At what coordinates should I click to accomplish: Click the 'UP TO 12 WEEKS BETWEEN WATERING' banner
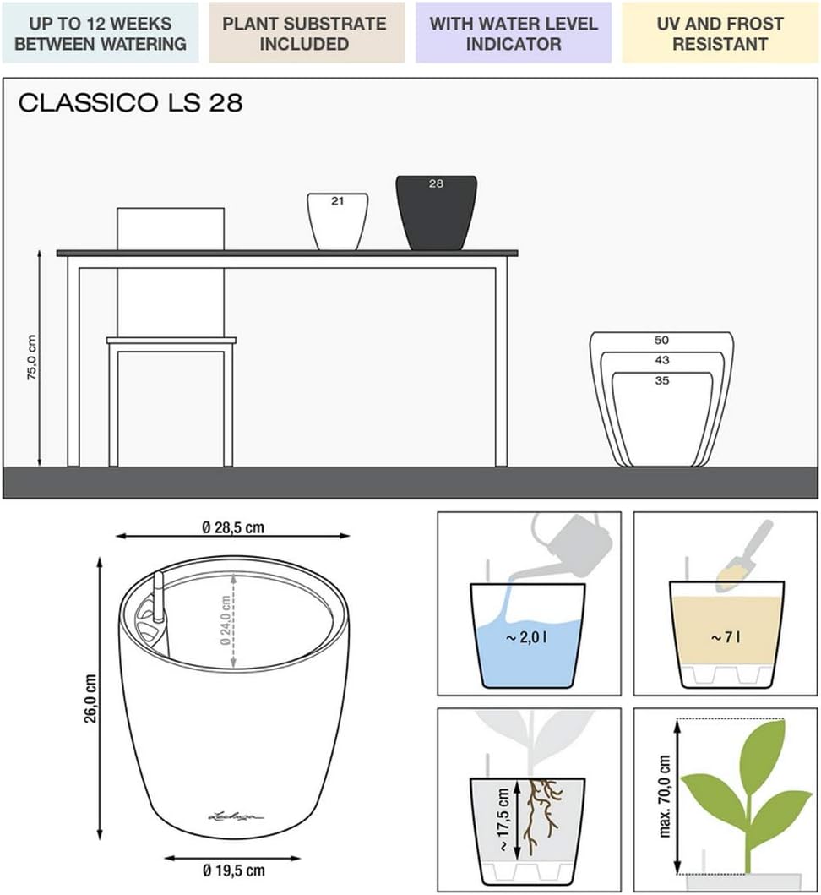coord(101,33)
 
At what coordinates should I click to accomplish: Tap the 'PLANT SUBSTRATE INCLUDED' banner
coord(307,33)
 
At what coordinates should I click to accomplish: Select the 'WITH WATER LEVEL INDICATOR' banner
coord(514,33)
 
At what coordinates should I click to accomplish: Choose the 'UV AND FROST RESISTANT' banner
coord(720,33)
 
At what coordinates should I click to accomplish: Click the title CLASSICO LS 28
coord(131,103)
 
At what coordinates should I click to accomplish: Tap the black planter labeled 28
coord(437,212)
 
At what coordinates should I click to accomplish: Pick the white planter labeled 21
coord(337,221)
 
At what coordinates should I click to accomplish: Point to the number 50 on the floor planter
coord(661,341)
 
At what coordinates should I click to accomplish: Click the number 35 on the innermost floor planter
coord(662,380)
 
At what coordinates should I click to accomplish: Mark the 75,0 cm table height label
coord(32,357)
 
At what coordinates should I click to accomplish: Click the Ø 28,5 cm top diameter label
coord(233,527)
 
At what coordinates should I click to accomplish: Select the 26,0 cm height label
coord(91,698)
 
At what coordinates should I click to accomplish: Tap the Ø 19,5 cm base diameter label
coord(234,870)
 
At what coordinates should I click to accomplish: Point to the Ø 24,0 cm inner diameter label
coord(226,620)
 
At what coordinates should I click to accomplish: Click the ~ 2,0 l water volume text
coord(526,637)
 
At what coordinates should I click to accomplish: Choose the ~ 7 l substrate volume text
coord(726,637)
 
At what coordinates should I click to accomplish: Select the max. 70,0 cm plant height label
coord(664,796)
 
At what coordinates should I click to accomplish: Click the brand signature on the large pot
coord(235,816)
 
